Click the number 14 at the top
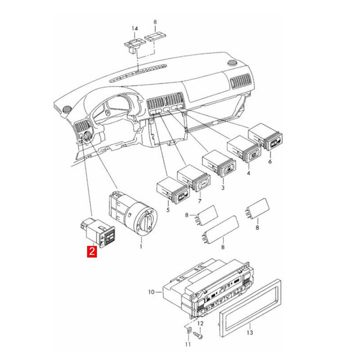pyautogui.click(x=134, y=28)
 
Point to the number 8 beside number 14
pyautogui.click(x=155, y=22)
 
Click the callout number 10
pyautogui.click(x=152, y=292)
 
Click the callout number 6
pyautogui.click(x=270, y=160)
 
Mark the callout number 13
pyautogui.click(x=250, y=333)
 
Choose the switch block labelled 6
pyautogui.click(x=266, y=136)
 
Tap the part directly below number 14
pyautogui.click(x=132, y=45)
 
